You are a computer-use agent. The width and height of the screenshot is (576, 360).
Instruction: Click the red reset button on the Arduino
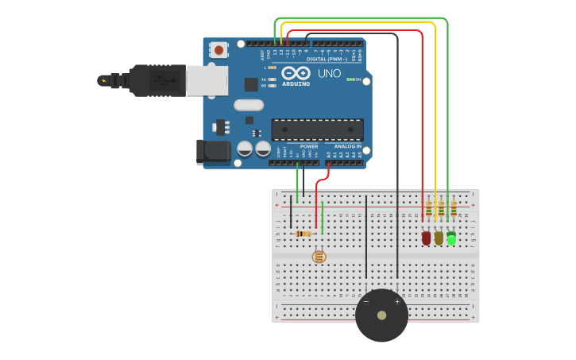[218, 50]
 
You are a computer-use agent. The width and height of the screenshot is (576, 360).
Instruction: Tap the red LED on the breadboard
[427, 238]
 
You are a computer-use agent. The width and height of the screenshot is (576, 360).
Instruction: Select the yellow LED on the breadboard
[439, 238]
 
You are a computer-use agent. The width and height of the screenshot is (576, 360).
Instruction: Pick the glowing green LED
[451, 238]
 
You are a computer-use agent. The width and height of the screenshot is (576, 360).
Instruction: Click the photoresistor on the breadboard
[319, 257]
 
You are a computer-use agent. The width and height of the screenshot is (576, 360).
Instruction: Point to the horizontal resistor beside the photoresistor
[303, 234]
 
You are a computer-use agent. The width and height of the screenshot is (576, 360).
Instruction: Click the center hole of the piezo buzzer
[381, 315]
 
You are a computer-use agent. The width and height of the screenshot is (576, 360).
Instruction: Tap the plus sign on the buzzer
[397, 302]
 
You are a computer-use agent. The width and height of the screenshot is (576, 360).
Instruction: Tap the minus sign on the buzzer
[366, 302]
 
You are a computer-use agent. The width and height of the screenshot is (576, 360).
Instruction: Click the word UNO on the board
[330, 74]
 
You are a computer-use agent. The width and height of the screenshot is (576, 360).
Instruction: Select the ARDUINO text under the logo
[296, 84]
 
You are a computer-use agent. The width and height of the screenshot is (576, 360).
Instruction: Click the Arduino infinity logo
[296, 73]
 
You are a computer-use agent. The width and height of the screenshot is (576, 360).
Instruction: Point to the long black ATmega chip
[317, 130]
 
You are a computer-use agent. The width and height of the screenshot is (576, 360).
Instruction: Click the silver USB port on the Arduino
[207, 80]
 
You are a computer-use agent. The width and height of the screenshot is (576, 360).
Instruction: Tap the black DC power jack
[213, 151]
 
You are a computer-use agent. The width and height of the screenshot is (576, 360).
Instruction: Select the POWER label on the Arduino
[309, 146]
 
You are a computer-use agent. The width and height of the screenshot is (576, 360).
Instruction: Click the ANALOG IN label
[347, 146]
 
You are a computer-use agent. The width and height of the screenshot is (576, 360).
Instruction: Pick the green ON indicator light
[350, 79]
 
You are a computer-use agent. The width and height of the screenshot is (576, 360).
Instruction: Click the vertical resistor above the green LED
[454, 208]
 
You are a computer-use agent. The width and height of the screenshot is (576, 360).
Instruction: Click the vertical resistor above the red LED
[429, 208]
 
